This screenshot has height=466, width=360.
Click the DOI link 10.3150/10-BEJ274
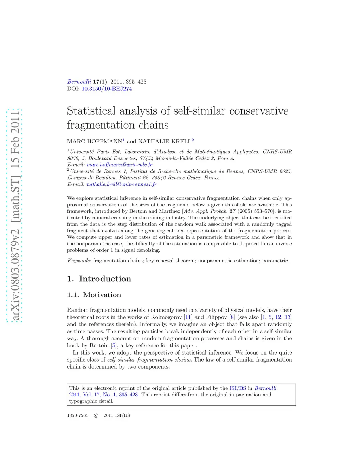[107, 89]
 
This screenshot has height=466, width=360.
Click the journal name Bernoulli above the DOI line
[79, 82]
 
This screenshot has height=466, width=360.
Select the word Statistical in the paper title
[91, 111]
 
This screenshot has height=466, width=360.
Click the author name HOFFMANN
[105, 141]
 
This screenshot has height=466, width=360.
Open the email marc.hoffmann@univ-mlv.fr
[120, 165]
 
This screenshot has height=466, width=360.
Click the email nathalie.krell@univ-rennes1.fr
[122, 184]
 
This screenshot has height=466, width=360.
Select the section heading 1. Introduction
[99, 279]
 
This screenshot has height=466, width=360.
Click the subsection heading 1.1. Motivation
[94, 295]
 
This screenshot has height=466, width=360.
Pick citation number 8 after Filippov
[232, 317]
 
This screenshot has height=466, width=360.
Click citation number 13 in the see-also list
[288, 317]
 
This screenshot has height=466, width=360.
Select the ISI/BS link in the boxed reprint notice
[238, 388]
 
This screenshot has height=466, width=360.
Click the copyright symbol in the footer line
[96, 415]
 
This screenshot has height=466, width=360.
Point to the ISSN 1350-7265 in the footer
[78, 415]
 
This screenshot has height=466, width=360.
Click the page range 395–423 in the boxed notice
[128, 394]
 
